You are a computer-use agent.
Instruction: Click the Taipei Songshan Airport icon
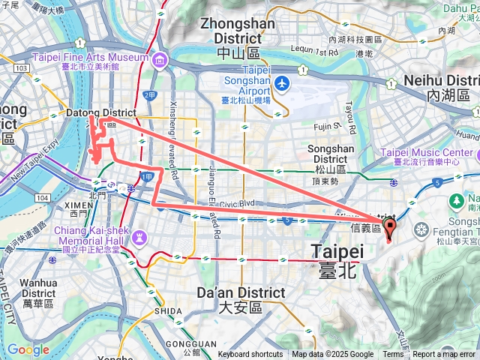point(281,82)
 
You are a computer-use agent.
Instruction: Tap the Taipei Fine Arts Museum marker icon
point(160,58)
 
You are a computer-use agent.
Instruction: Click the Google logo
point(28,349)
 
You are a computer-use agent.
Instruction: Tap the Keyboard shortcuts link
point(250,355)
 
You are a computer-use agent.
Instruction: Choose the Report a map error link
point(445,355)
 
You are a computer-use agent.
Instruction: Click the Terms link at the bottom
point(393,355)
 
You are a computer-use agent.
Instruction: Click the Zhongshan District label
point(237,30)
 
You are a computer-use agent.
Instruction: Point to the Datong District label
point(101,113)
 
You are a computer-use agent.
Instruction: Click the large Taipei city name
point(337,251)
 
